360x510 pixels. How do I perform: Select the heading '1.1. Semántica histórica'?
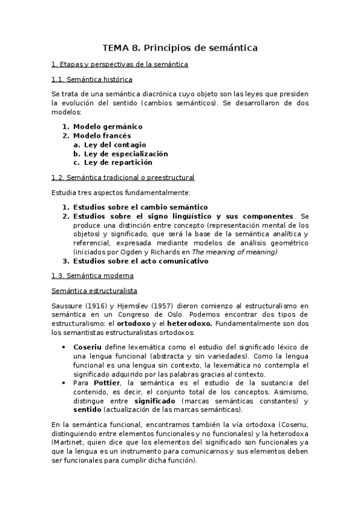click(92, 79)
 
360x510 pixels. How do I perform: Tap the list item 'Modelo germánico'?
click(108, 127)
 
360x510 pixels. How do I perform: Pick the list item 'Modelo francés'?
click(102, 136)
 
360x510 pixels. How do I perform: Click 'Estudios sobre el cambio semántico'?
click(140, 207)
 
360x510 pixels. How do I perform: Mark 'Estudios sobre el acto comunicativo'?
click(141, 261)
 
